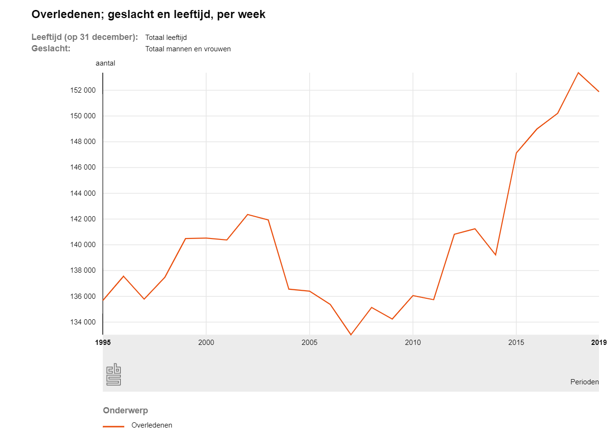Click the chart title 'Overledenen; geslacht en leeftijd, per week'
[148, 15]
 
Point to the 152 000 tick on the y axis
[83, 90]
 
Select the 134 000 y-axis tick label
[83, 322]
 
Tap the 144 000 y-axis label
[83, 193]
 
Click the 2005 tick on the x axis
[309, 342]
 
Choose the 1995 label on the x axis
[103, 342]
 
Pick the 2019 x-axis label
[599, 342]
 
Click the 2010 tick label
[413, 342]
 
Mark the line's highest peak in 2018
[578, 73]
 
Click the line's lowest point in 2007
[351, 334]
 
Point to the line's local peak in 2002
[247, 215]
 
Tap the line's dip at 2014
[495, 255]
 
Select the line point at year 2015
[516, 153]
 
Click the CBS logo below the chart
[113, 374]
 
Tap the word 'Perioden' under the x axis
[584, 382]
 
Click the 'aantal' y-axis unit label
[105, 63]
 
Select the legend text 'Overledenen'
[152, 425]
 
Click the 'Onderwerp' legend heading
[125, 410]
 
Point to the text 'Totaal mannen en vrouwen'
[188, 49]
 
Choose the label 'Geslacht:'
[51, 48]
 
